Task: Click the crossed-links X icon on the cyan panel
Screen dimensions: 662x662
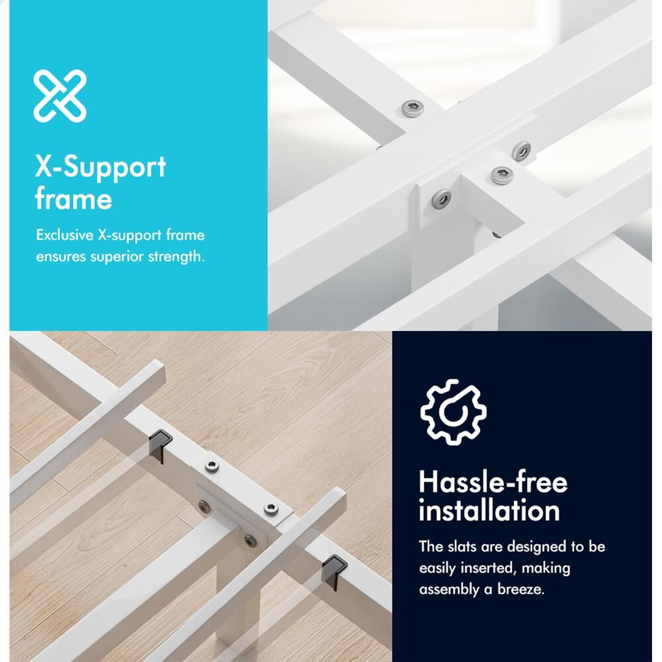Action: [60, 96]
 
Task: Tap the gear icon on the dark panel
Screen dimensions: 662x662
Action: [453, 412]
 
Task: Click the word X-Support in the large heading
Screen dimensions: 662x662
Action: [101, 167]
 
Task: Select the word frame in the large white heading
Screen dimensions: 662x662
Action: [73, 198]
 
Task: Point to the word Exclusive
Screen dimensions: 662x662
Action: [65, 235]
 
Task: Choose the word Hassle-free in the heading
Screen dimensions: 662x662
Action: [493, 482]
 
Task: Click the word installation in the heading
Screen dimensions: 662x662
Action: [489, 510]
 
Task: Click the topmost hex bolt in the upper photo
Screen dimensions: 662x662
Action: [412, 109]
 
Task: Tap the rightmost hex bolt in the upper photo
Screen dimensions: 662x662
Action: [522, 151]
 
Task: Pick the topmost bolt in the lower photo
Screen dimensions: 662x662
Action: [212, 466]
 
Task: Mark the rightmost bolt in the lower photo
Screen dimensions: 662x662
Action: [271, 509]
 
